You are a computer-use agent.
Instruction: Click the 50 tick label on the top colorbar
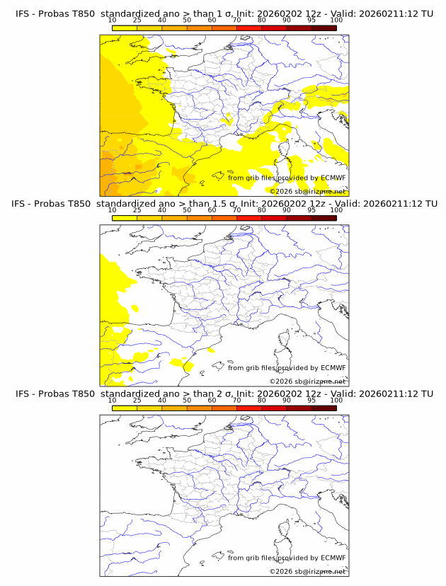[187, 20]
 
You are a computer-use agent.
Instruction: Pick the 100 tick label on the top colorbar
[336, 20]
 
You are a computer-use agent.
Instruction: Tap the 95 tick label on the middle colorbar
[311, 210]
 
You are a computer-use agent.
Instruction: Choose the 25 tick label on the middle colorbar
[137, 210]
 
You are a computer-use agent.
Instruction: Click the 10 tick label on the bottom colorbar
[113, 400]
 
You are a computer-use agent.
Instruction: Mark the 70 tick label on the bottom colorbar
[236, 400]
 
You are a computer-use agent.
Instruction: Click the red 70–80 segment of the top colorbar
[249, 28]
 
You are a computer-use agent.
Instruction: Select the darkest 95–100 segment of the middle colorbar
[324, 218]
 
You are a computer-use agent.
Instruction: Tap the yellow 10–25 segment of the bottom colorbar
[125, 408]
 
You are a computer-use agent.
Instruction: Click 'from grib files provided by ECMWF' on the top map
[287, 178]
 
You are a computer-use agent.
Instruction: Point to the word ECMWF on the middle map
[333, 367]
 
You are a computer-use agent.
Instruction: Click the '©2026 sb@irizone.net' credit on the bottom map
[307, 570]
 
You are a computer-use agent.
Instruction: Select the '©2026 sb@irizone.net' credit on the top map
[307, 191]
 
